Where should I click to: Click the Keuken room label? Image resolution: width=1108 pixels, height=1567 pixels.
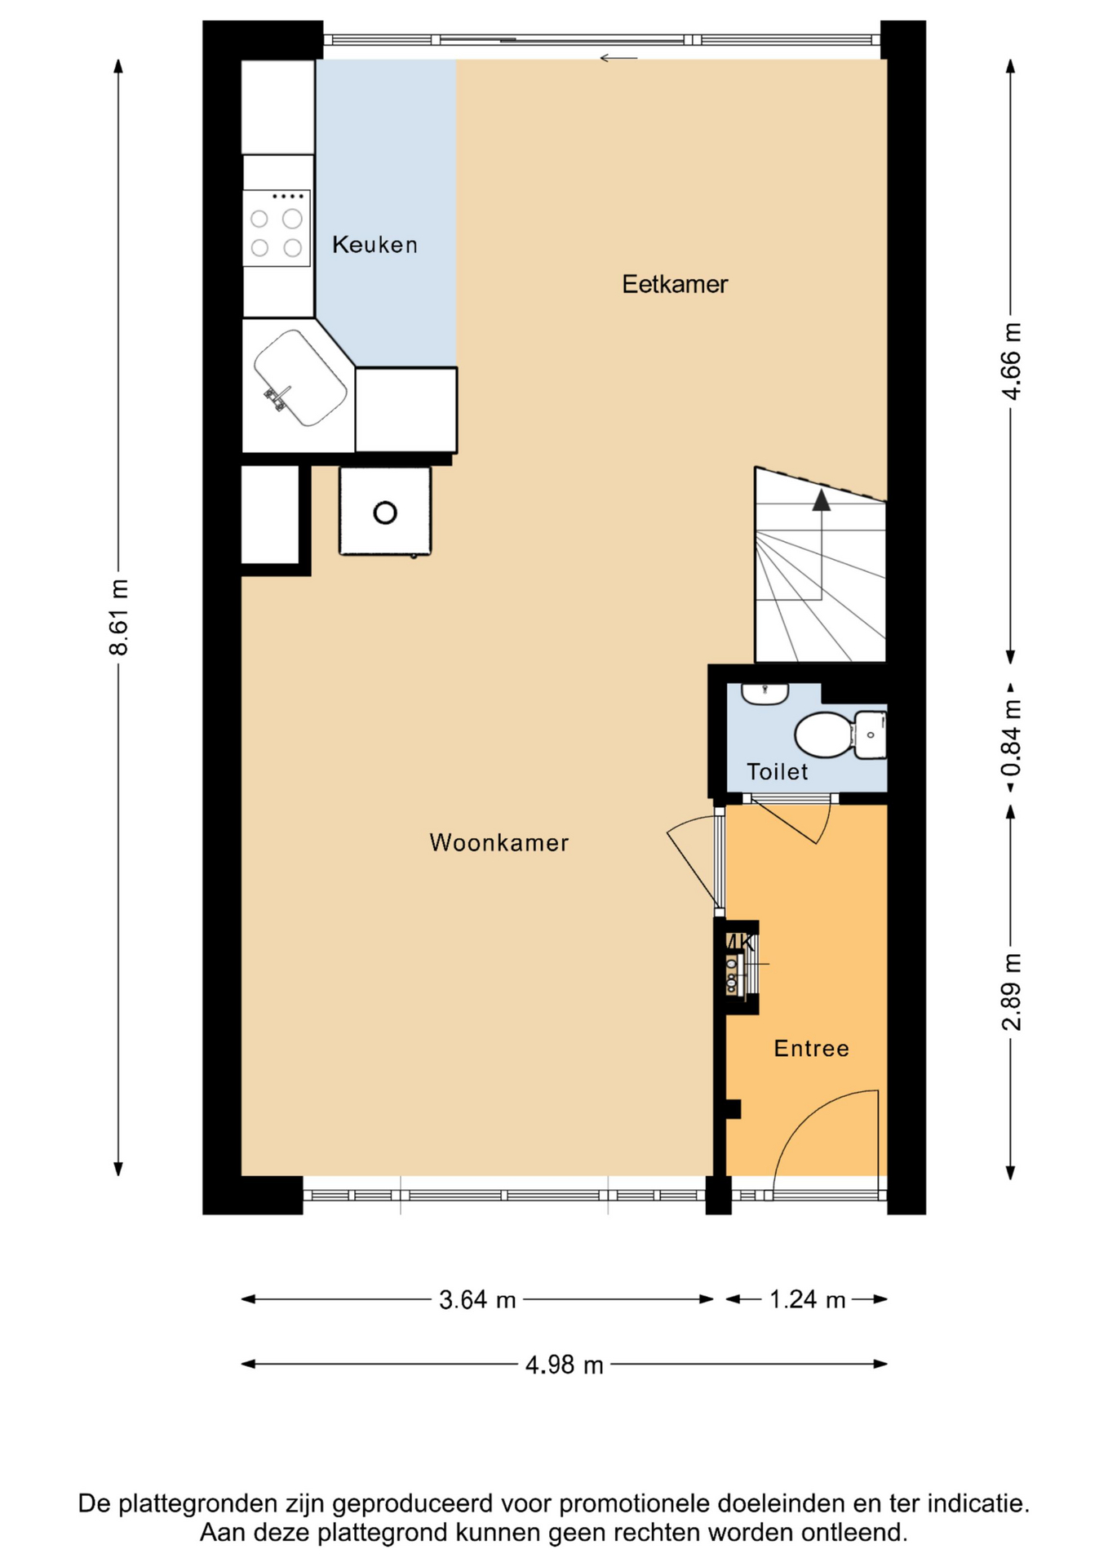tap(375, 244)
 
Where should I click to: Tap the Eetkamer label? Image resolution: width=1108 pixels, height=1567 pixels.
tap(675, 284)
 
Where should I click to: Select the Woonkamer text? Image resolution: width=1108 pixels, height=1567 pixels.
tap(499, 842)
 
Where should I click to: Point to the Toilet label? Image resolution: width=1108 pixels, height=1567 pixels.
tap(777, 771)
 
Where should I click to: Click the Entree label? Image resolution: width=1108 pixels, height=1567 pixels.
tap(811, 1048)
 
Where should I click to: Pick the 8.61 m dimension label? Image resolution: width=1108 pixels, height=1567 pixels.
tap(119, 617)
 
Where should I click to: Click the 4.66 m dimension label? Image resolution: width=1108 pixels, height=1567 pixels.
tap(1011, 361)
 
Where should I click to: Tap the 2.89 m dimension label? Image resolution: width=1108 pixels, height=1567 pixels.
tap(1011, 991)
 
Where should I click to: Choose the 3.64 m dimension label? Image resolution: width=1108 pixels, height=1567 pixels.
tap(477, 1299)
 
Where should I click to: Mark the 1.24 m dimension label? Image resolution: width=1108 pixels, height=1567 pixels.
tap(807, 1299)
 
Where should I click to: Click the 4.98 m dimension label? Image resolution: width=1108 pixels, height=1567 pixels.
tap(564, 1365)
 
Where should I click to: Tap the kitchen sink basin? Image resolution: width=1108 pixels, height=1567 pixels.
tap(300, 378)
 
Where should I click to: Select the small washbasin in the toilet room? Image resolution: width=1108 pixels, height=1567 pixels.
tap(765, 694)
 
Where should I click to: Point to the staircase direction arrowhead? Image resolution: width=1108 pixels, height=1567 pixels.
tap(821, 499)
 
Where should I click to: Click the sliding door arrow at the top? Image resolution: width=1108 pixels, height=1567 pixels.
tap(618, 58)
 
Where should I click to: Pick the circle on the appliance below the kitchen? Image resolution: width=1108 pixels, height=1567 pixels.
tap(385, 513)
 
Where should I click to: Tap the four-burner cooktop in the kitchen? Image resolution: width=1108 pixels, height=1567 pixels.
tap(277, 229)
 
